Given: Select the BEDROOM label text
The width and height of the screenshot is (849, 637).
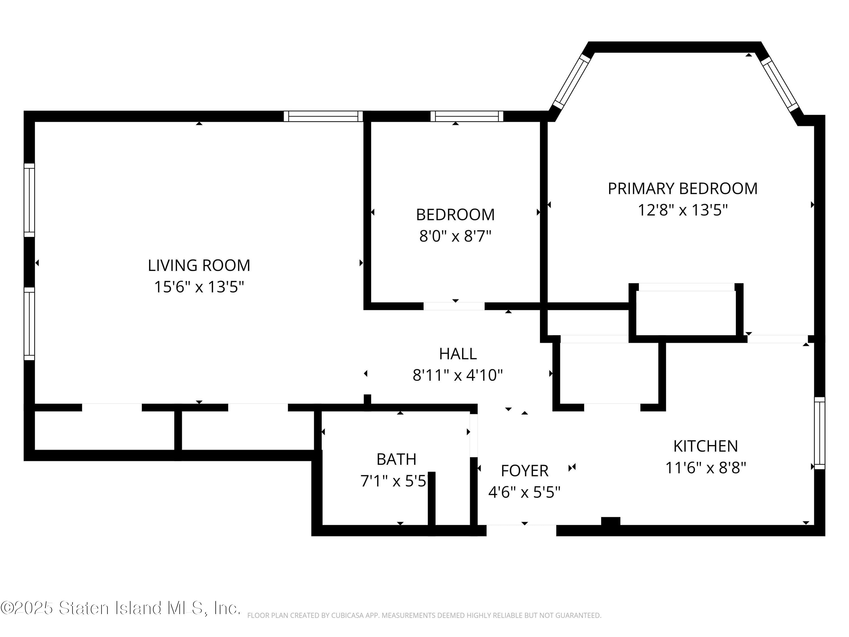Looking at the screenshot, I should [x=455, y=215].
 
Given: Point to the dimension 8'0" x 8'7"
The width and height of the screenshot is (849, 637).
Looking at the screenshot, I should [x=455, y=236].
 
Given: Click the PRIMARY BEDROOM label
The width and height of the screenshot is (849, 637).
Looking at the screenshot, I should [x=682, y=189].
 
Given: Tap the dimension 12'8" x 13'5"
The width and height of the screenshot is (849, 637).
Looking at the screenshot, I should [x=682, y=210].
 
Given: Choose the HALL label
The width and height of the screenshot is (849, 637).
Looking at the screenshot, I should [x=458, y=354].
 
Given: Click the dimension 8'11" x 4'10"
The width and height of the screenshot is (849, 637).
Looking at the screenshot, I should [x=458, y=375].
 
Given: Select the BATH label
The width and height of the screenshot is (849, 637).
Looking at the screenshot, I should [x=396, y=459].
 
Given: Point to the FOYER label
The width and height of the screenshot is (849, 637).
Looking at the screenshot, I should [x=524, y=471].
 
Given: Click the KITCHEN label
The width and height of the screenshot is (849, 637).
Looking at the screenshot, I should [x=706, y=446].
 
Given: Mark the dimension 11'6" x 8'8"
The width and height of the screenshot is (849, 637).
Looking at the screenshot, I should [x=706, y=468].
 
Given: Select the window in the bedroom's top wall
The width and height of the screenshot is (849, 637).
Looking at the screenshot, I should [x=466, y=116].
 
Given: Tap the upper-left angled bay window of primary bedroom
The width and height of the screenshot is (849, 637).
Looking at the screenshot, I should [x=571, y=82].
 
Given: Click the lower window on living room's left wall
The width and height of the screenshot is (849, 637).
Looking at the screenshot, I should [x=29, y=324].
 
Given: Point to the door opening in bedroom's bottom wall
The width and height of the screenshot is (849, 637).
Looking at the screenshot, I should [x=454, y=306].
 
